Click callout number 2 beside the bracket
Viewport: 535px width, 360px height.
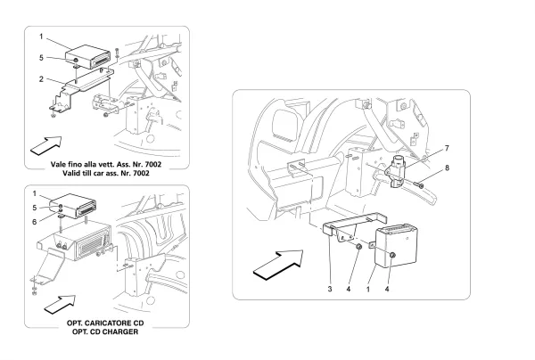pos(41,78)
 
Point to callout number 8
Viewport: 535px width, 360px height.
pos(448,167)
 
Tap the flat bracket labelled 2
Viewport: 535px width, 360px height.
pos(85,93)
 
